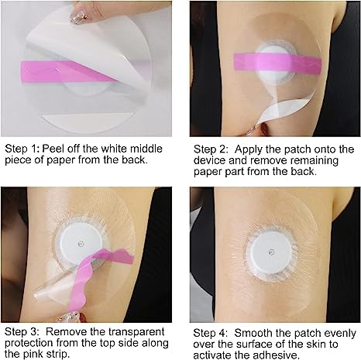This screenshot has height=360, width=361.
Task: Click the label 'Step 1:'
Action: click(24, 148)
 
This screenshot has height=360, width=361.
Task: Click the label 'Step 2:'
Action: click(210, 148)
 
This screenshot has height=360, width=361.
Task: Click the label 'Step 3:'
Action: click(24, 331)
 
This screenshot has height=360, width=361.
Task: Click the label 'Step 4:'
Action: click(210, 331)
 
